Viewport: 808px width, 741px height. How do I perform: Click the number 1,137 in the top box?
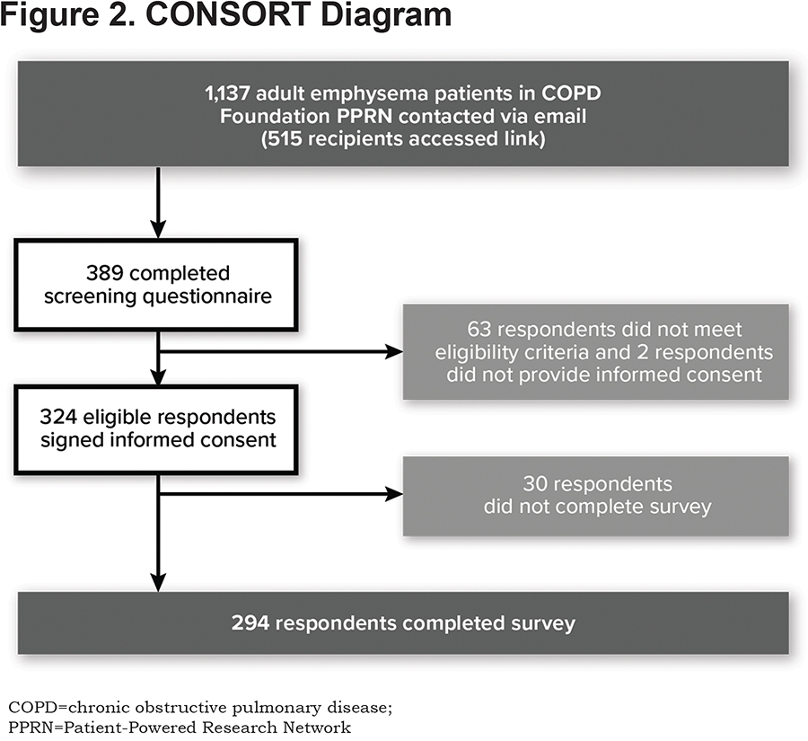tap(227, 93)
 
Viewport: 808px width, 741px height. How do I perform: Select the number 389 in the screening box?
tap(105, 273)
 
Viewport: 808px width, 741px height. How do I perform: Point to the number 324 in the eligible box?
tap(58, 417)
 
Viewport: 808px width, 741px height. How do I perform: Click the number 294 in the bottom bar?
tap(250, 623)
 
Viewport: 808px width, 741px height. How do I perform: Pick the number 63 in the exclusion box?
tap(479, 329)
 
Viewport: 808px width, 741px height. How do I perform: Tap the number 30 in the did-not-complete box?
tap(534, 484)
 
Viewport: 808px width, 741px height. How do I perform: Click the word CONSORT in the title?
tap(227, 15)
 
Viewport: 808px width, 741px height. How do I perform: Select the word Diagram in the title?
tap(386, 15)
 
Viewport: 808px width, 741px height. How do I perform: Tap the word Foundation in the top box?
tap(276, 117)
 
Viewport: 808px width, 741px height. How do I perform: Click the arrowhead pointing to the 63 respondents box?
tap(395, 352)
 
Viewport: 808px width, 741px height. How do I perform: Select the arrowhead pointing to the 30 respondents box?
tap(395, 494)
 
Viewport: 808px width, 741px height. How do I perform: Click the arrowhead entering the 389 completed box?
tap(158, 229)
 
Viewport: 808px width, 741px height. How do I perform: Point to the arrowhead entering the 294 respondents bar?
tap(158, 583)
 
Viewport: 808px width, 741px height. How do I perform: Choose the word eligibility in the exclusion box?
tap(476, 353)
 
